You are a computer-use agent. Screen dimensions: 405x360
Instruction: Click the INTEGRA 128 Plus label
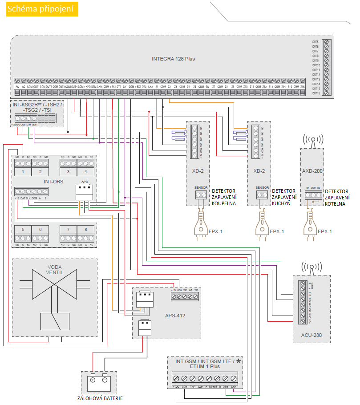(173, 59)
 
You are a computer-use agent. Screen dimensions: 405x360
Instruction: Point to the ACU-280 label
(311, 334)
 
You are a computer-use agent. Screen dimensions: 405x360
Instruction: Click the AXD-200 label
(312, 170)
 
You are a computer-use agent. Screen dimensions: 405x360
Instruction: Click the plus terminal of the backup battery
(93, 381)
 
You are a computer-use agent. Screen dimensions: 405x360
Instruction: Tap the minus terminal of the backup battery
(105, 381)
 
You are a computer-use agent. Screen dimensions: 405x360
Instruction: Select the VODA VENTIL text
(55, 270)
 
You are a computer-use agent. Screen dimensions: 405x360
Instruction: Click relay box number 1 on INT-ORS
(23, 171)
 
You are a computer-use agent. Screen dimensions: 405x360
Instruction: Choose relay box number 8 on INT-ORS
(85, 229)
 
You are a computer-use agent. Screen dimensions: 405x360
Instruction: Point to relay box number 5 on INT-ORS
(23, 229)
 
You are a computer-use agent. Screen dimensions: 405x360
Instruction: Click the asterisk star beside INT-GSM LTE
(239, 361)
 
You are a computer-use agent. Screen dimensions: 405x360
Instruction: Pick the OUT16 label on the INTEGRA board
(316, 93)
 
